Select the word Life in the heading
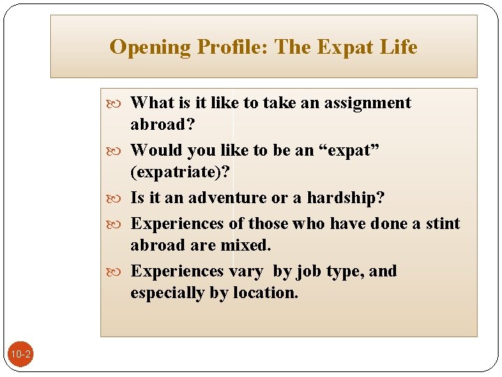pos(398,47)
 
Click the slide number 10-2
pos(20,355)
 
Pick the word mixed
pos(245,245)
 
